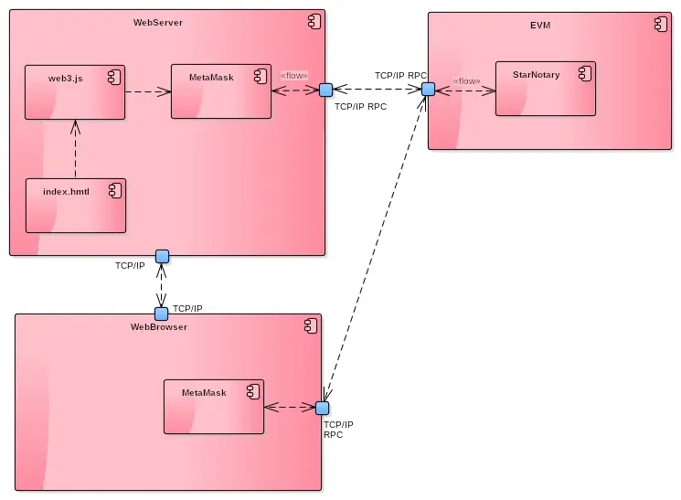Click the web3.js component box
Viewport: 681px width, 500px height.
[x=74, y=92]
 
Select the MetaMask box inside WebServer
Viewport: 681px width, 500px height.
[x=221, y=91]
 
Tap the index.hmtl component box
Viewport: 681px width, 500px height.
[x=75, y=205]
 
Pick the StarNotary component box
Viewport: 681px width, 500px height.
[x=545, y=89]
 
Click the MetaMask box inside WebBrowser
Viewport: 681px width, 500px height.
[x=214, y=407]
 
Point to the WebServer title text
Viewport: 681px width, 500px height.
[x=158, y=23]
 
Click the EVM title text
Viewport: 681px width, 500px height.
[x=541, y=25]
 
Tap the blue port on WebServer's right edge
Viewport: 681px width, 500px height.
[x=325, y=90]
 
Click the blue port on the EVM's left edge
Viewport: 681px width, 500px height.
[x=428, y=89]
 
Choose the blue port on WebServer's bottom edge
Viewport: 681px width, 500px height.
[x=162, y=256]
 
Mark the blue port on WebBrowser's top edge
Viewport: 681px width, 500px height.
[x=162, y=314]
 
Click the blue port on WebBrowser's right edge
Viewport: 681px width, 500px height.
[x=322, y=408]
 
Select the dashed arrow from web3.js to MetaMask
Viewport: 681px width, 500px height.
[x=148, y=91]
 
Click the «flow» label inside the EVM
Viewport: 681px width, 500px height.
[x=466, y=81]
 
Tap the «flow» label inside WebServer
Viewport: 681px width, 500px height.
[x=293, y=76]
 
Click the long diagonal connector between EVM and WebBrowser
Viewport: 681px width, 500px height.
[x=375, y=247]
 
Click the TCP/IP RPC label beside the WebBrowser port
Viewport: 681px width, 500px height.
[x=338, y=430]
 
